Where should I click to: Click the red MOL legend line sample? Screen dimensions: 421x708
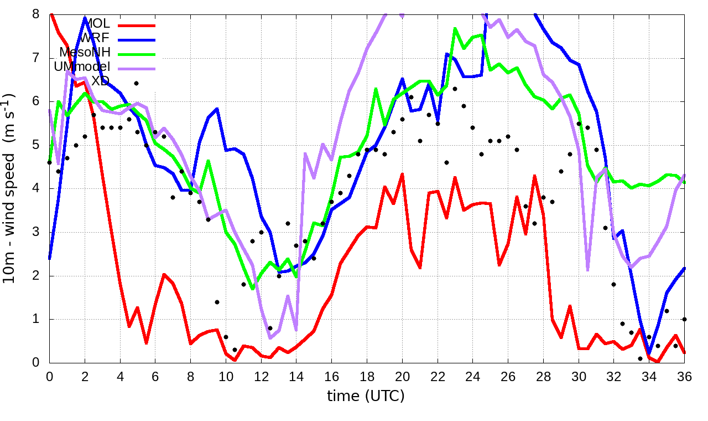136,25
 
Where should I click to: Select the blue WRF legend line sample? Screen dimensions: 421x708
136,39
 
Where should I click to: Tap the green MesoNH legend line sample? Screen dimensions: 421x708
136,53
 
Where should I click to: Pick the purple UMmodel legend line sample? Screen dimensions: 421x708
136,67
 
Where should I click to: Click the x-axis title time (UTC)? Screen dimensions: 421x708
366,396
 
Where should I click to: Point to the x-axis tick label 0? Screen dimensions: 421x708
50,375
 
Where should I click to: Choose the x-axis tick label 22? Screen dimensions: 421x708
438,375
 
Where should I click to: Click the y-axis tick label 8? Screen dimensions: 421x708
37,13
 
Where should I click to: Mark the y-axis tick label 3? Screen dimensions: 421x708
37,232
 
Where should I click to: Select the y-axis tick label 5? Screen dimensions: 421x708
37,145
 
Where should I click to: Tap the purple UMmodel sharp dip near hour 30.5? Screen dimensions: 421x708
588,270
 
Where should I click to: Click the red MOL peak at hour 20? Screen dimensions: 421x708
402,174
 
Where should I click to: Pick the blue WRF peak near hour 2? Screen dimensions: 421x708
85,18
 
